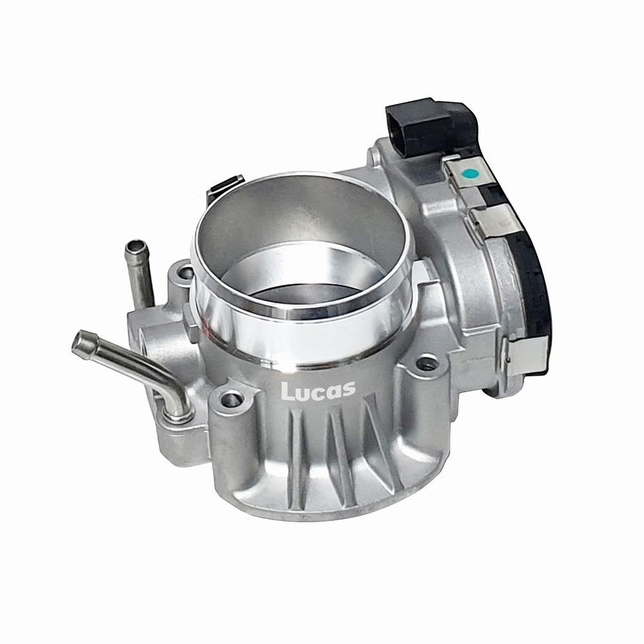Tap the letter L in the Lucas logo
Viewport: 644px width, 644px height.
point(287,392)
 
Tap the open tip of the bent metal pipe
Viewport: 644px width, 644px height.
point(79,341)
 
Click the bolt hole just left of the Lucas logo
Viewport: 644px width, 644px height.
point(230,401)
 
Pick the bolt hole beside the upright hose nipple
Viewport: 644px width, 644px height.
point(184,273)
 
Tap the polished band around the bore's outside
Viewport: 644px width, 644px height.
point(296,335)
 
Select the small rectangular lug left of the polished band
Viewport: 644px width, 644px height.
point(187,316)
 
